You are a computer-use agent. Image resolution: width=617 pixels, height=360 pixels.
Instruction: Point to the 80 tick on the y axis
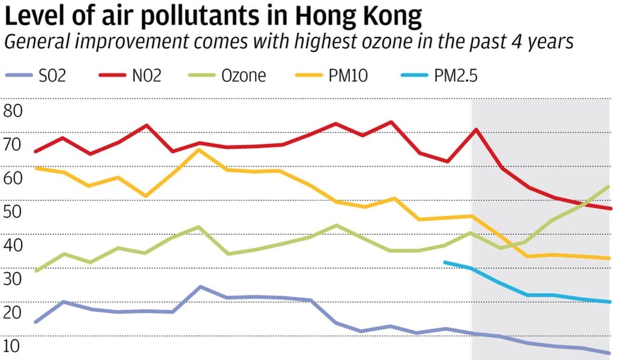click(12, 111)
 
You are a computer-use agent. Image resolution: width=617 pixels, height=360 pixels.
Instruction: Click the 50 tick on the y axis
click(12, 212)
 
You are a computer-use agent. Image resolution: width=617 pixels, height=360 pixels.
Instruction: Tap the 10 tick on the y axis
click(12, 347)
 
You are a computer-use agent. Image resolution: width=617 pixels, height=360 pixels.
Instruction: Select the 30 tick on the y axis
click(12, 279)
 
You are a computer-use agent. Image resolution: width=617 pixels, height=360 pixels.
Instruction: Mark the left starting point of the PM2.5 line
click(445, 262)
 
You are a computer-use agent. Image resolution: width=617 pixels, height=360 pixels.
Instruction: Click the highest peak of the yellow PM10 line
click(199, 149)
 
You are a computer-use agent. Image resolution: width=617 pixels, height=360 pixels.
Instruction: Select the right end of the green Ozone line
click(609, 186)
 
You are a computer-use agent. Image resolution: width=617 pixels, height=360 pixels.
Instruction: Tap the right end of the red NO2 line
click(610, 209)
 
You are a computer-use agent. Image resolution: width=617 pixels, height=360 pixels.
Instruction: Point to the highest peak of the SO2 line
click(200, 286)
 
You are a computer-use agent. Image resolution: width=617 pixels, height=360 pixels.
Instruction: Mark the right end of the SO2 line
click(610, 353)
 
